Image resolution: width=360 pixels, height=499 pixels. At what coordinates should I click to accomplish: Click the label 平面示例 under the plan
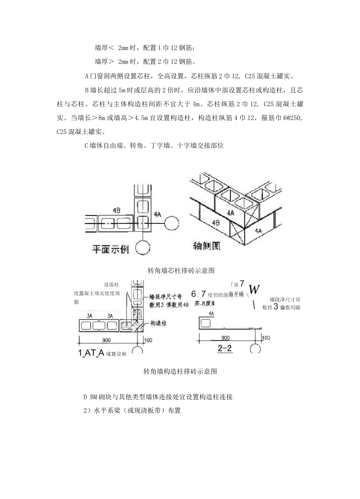tap(111, 250)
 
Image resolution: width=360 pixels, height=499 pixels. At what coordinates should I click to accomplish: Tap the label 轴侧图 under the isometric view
tap(207, 246)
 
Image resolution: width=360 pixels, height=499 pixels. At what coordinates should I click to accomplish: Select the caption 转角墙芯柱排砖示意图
tap(181, 270)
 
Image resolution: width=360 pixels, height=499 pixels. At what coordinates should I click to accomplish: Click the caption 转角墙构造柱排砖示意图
tap(180, 371)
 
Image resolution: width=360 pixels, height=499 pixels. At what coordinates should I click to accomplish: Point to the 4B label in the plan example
tap(117, 209)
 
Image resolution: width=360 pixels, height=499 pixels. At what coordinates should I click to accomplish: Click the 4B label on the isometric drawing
tap(216, 223)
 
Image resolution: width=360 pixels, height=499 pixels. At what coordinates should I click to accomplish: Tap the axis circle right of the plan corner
tap(172, 223)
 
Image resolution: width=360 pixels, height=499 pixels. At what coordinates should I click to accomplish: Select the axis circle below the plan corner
tap(143, 248)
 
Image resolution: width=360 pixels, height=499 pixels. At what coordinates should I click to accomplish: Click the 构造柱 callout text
tap(158, 323)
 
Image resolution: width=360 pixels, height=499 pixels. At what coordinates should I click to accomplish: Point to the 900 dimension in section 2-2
tap(225, 337)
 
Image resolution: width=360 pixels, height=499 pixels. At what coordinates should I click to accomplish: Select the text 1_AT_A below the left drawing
tap(91, 353)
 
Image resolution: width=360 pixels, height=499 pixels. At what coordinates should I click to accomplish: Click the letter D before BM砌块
tap(85, 397)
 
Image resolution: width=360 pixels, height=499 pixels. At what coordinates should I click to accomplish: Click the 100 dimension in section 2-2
tap(266, 337)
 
